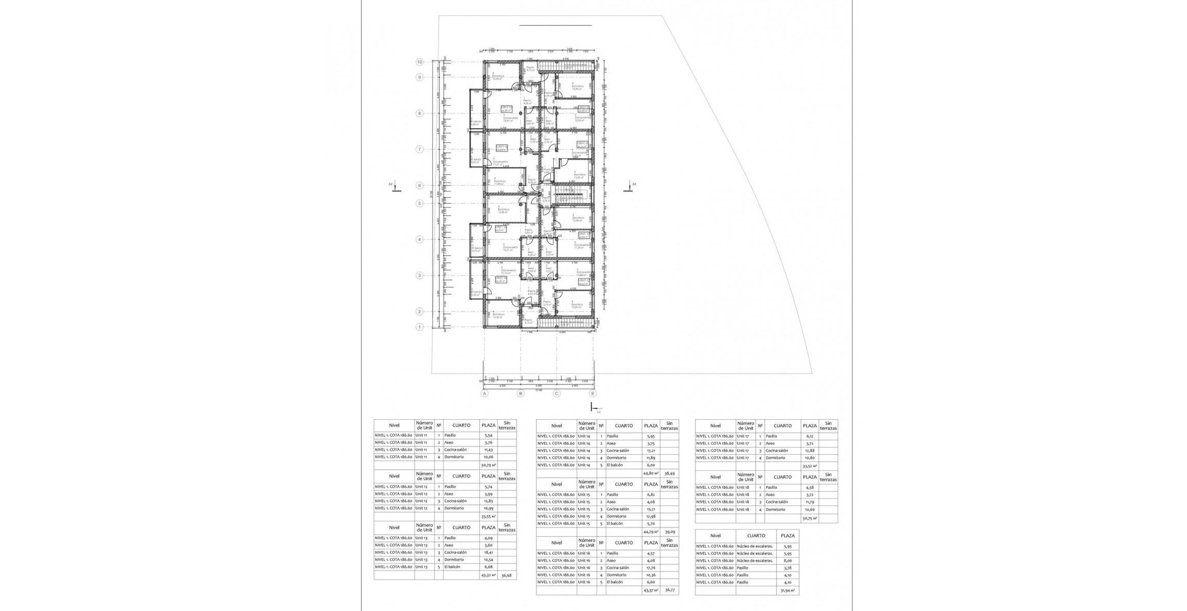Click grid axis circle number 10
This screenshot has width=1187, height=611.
[x=420, y=62]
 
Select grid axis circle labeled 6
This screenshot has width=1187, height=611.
[x=420, y=186]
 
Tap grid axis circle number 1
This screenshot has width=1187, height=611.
[x=420, y=327]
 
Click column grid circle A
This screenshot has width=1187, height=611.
[x=484, y=394]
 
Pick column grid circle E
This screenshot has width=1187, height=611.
[x=593, y=394]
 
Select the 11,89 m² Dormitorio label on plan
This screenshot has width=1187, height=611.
[x=499, y=182]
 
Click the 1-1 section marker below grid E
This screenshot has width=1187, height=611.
[x=595, y=409]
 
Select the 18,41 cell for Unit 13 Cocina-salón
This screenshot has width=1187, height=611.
[x=488, y=552]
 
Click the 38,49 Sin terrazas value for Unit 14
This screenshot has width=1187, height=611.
[x=669, y=472]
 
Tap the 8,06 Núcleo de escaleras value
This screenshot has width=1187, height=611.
[x=787, y=560]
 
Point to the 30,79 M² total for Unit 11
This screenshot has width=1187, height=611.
[x=488, y=465]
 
